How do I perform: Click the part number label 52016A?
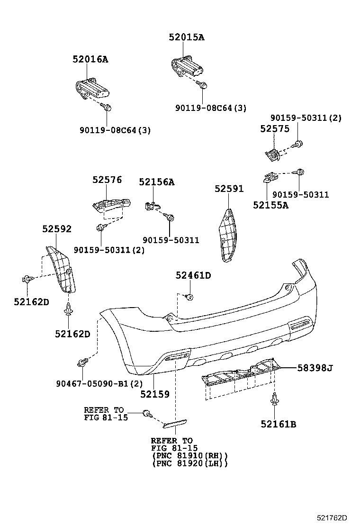[x=90, y=59]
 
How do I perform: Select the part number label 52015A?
[x=187, y=37]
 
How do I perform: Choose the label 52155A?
[x=270, y=205]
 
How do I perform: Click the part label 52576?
[x=107, y=180]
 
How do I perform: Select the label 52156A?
[x=156, y=182]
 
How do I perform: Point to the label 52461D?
[x=193, y=275]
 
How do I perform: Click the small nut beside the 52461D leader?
[x=189, y=297]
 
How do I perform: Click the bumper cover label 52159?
[x=154, y=394]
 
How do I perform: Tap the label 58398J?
[x=315, y=367]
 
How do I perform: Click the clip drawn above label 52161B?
[x=275, y=401]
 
